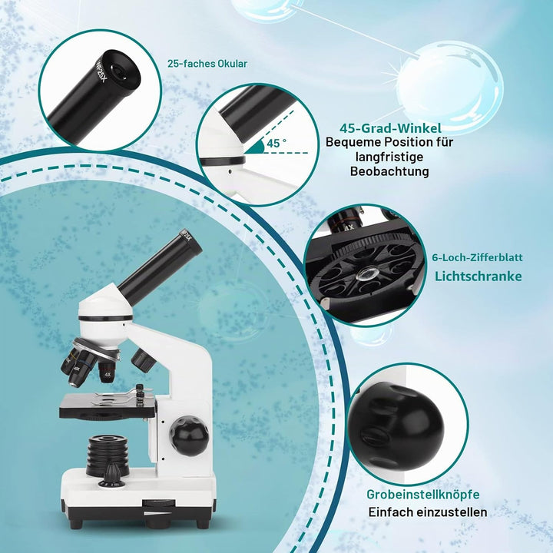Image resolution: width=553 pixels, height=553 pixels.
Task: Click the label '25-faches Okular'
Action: (x=207, y=64)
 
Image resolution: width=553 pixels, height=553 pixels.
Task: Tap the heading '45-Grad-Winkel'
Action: (x=390, y=128)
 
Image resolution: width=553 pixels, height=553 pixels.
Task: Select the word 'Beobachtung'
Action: (x=389, y=171)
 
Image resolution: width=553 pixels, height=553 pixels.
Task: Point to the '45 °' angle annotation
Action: (x=276, y=143)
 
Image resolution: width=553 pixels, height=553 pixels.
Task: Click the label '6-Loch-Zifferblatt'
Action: (x=477, y=257)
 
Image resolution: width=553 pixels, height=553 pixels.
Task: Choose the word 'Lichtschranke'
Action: (x=478, y=276)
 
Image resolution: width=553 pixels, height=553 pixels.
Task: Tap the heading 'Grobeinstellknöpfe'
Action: (x=423, y=495)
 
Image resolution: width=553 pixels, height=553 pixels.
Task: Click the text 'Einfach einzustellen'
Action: (x=428, y=512)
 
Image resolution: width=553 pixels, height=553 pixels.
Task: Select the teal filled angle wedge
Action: (x=256, y=147)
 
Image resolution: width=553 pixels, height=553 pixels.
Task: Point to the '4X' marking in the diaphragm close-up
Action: (x=349, y=227)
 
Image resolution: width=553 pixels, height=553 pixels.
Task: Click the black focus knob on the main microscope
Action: (x=189, y=435)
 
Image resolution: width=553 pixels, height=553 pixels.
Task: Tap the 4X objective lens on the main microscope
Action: (x=106, y=372)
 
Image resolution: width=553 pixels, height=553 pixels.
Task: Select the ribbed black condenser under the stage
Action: (x=108, y=453)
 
